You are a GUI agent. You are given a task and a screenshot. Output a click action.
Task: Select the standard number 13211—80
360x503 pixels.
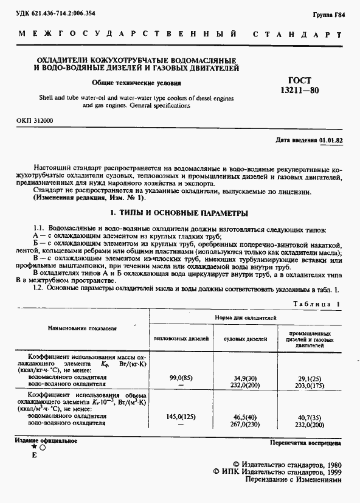[299, 90]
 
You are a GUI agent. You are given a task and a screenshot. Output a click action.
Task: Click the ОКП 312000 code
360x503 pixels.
[35, 121]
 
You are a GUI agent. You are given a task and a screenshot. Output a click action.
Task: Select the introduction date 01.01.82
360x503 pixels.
[331, 140]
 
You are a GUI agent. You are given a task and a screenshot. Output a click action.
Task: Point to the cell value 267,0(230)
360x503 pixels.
[243, 424]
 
